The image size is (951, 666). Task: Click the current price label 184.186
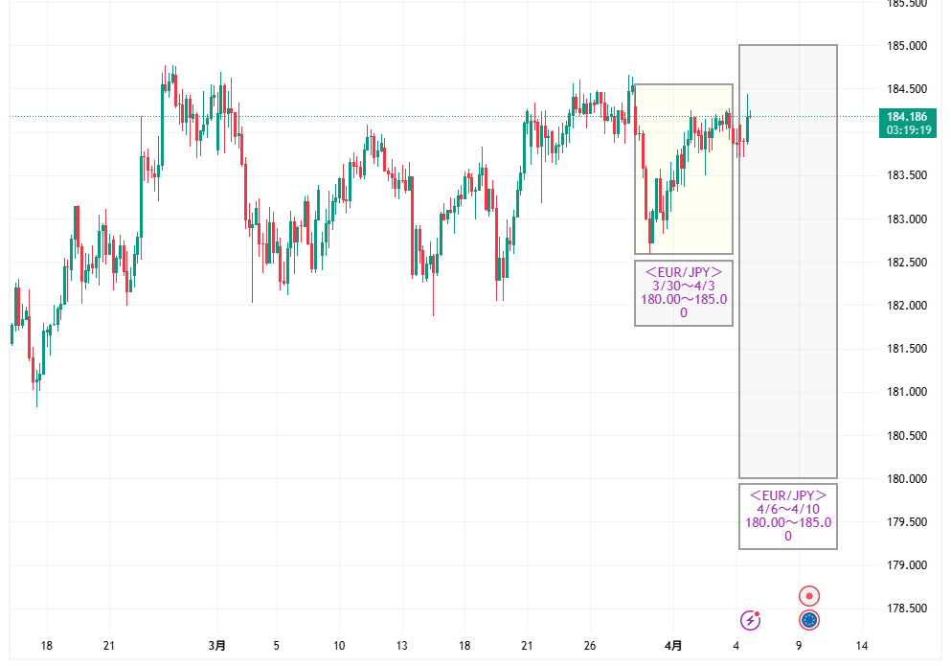[x=908, y=117]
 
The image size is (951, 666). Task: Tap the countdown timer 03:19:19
[x=908, y=130]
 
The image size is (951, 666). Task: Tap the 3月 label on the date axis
[x=217, y=646]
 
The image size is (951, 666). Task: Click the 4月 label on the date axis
[x=673, y=646]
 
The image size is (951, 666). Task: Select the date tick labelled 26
[x=590, y=646]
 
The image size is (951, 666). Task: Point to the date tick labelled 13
[x=402, y=646]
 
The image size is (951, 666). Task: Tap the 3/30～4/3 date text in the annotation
[x=684, y=286]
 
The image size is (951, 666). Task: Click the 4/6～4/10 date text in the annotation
[x=788, y=509]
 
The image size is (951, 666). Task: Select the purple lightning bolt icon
[x=751, y=621]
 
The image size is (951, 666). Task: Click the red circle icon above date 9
[x=809, y=596]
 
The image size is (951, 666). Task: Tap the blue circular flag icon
[x=809, y=621]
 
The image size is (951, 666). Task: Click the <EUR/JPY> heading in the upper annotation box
[x=684, y=272]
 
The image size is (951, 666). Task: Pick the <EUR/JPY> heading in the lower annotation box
[x=788, y=495]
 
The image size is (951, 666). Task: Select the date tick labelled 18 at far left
[x=46, y=646]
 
